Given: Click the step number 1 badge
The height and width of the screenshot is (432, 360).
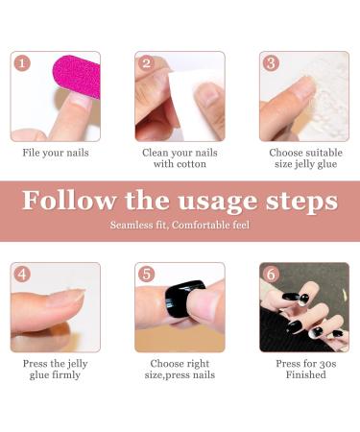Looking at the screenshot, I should tap(23, 63).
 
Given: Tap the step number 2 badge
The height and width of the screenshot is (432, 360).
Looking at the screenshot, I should tap(147, 63).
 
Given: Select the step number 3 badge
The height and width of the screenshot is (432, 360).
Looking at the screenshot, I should tap(272, 63).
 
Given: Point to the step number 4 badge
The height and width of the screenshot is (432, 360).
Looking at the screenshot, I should tap(23, 275).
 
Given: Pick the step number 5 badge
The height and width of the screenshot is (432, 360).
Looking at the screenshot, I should tap(147, 275).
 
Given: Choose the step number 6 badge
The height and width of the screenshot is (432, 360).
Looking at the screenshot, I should tap(272, 275).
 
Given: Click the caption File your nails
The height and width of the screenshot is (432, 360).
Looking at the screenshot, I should tap(56, 153).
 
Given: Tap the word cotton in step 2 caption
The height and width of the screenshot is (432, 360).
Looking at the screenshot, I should tap(198, 164).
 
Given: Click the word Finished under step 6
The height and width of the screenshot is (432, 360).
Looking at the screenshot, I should tap(304, 375).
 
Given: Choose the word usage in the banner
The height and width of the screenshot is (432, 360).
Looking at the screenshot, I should tap(222, 202).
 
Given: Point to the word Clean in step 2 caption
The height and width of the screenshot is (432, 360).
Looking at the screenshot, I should tap(156, 153).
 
